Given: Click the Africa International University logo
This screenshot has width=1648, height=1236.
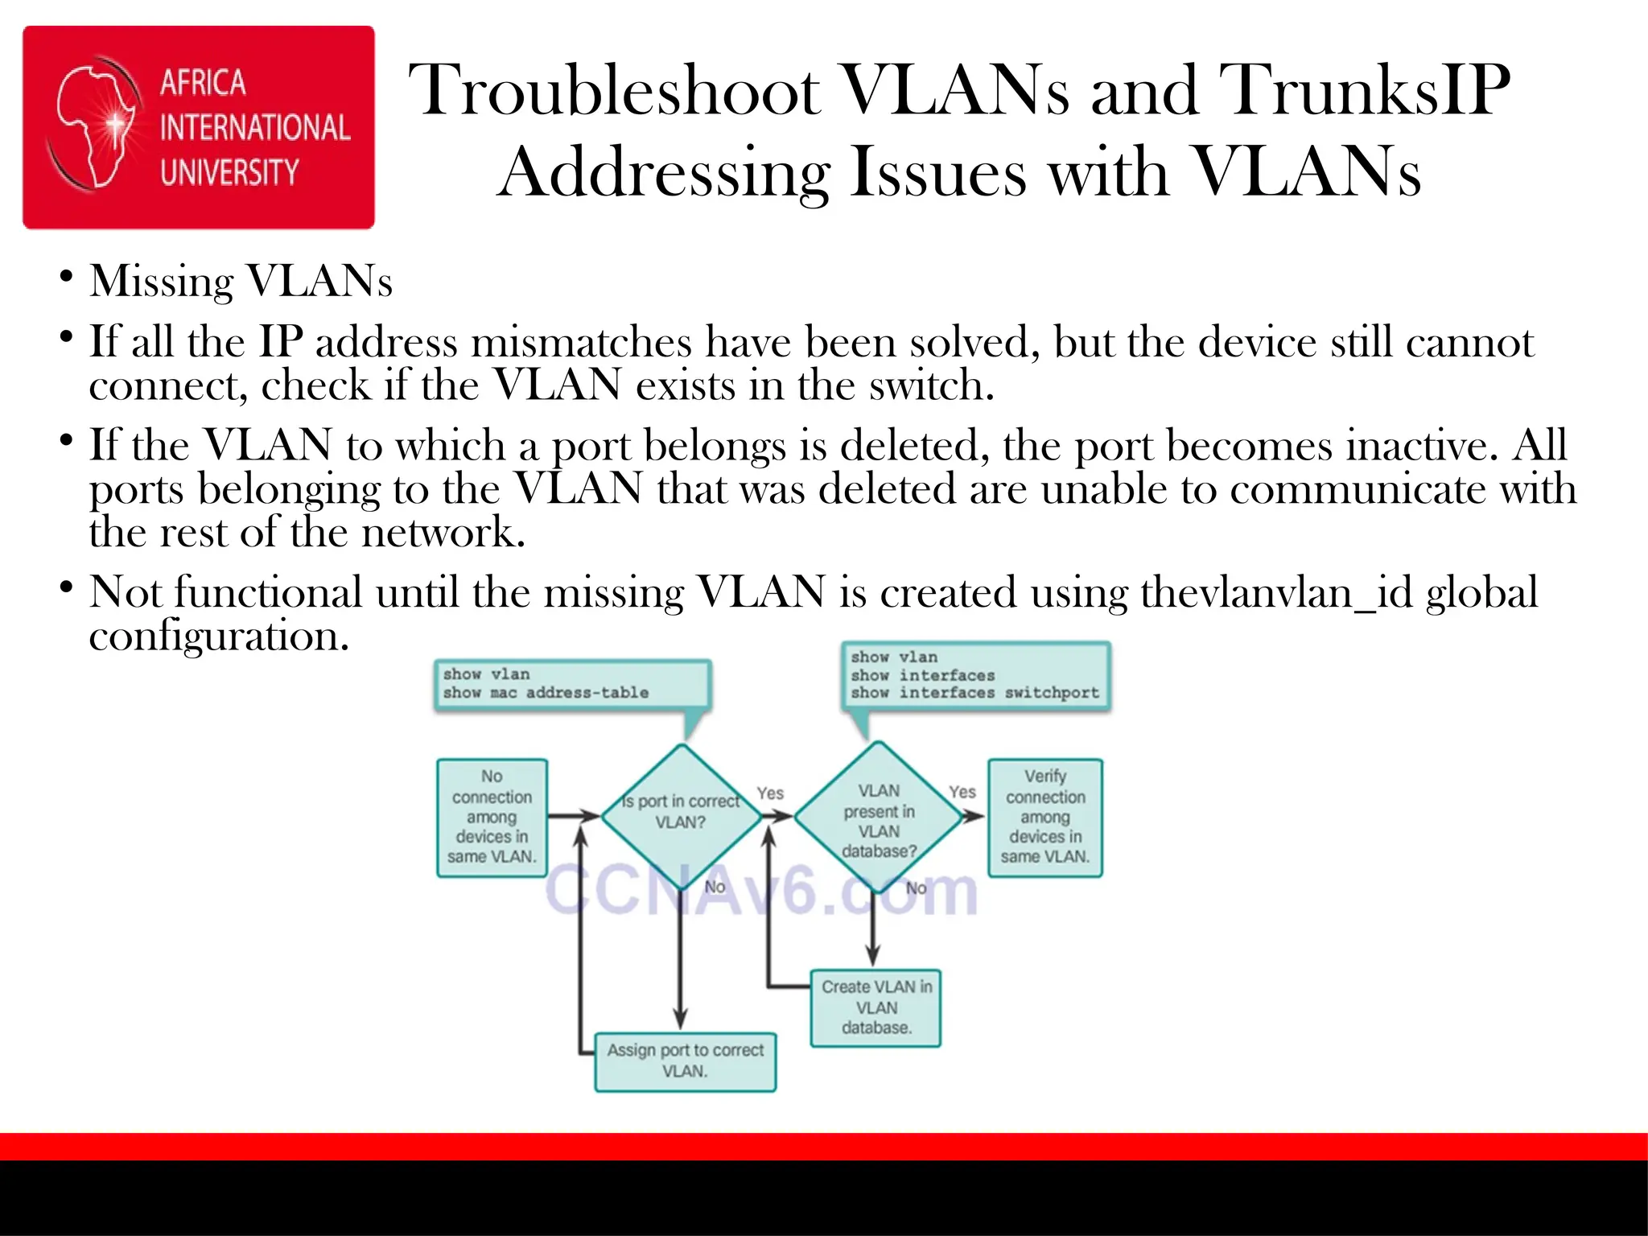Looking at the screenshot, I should click(199, 127).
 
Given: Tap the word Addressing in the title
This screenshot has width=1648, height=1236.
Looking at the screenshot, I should click(662, 173).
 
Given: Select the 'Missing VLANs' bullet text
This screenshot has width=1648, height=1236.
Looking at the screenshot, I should click(241, 282).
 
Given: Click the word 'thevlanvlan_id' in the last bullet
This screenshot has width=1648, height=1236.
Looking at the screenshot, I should click(1275, 592).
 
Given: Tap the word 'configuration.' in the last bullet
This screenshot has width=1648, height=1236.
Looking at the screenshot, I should click(219, 636).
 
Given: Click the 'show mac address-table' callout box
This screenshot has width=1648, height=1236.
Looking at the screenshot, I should click(572, 685).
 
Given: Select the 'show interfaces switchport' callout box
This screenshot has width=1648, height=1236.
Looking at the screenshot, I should click(975, 677).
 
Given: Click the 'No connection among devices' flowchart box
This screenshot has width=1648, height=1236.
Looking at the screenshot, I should click(492, 817).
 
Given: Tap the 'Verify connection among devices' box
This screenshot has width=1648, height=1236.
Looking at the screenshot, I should click(1044, 817).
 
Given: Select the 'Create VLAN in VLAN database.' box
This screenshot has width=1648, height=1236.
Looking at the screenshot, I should click(875, 1007).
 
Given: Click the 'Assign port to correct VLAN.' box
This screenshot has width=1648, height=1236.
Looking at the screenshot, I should click(685, 1061).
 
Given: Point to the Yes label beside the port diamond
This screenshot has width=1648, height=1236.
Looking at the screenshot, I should click(770, 793).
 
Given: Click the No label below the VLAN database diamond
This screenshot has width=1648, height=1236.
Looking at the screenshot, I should click(917, 888).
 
